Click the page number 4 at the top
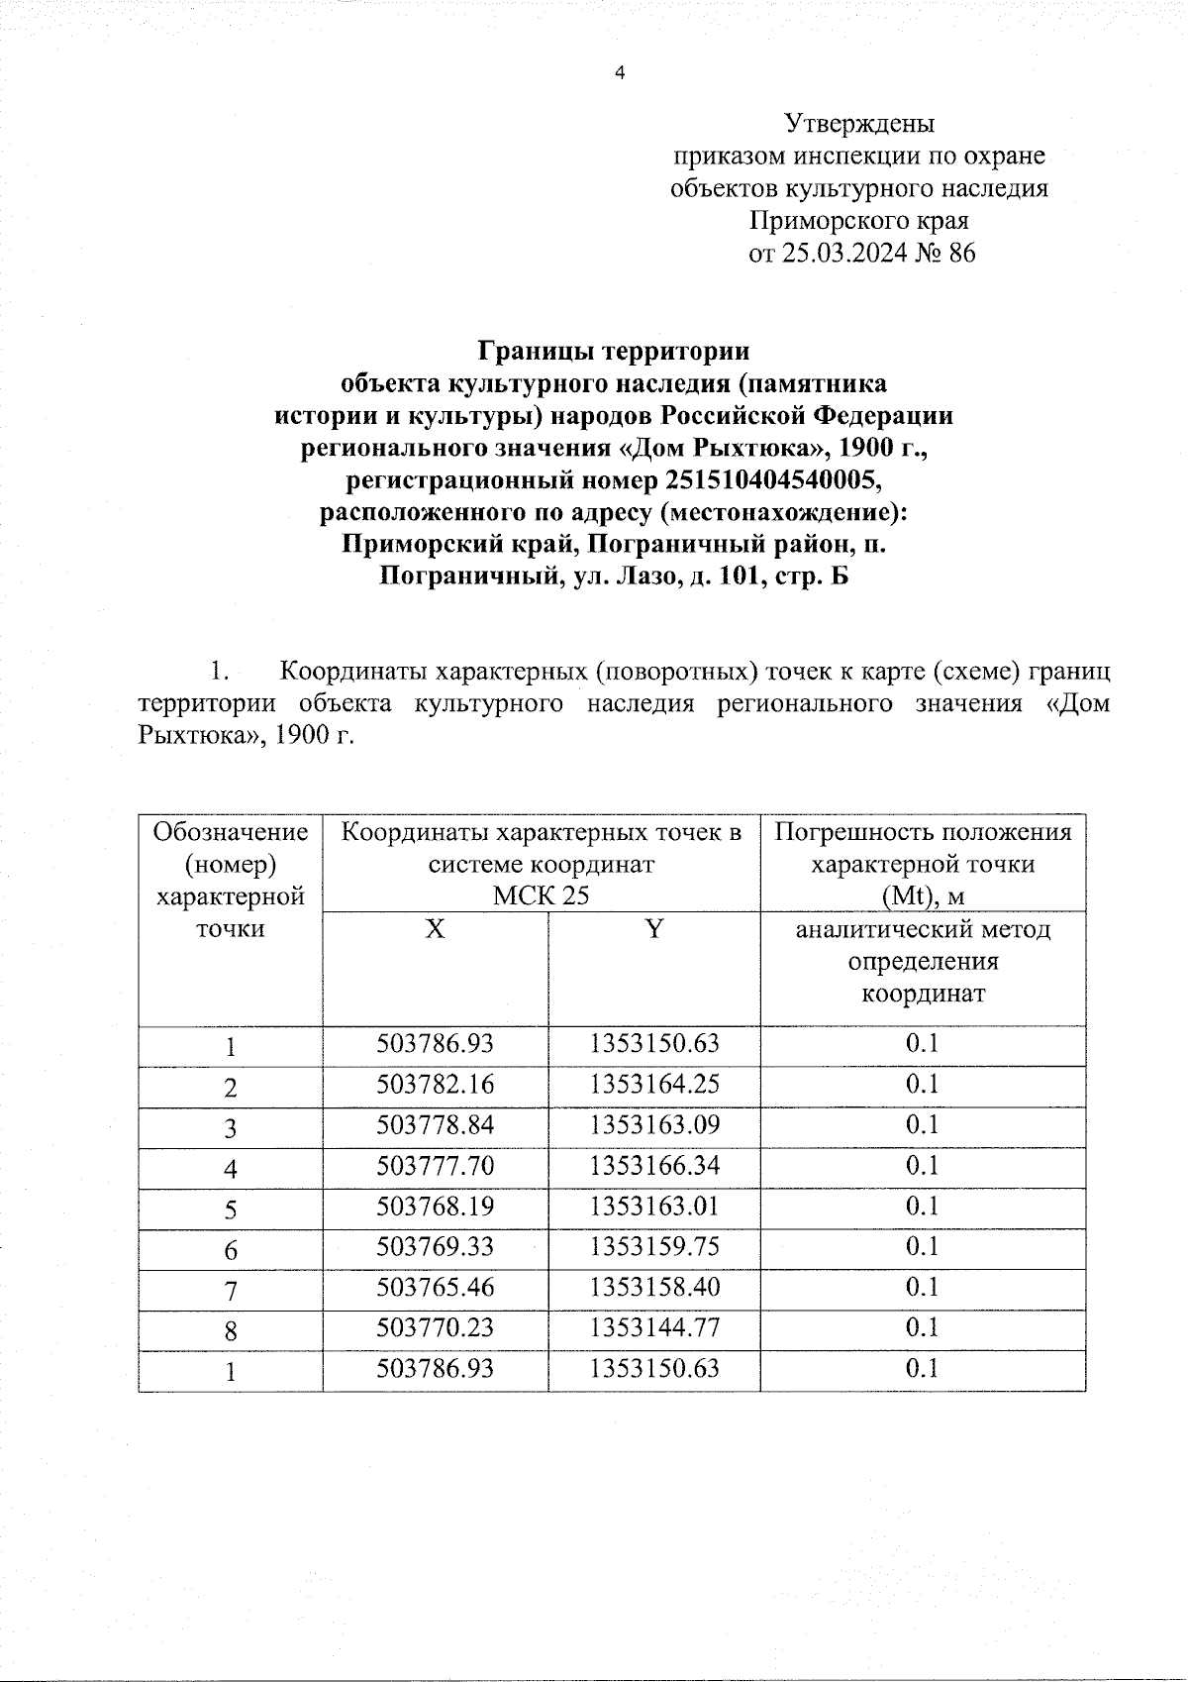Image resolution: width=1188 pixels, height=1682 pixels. point(620,72)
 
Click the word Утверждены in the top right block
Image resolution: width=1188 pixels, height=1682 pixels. point(858,124)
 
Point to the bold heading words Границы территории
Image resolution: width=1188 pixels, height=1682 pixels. point(614,351)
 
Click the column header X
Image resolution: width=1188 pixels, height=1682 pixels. point(435,929)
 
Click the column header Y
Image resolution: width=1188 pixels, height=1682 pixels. point(653,929)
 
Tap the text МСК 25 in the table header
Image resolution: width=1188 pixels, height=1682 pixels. point(542,895)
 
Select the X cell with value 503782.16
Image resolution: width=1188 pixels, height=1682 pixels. point(435,1084)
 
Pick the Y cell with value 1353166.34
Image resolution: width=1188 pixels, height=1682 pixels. point(653,1165)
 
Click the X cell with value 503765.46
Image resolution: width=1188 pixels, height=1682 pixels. point(435,1287)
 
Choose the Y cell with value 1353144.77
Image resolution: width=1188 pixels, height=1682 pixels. point(653,1327)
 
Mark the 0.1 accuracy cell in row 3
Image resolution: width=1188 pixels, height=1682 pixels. point(922,1124)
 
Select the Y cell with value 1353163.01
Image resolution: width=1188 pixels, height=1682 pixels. point(653,1206)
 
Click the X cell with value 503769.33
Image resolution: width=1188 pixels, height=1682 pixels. point(435,1246)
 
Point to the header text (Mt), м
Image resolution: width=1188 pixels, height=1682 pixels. point(922,895)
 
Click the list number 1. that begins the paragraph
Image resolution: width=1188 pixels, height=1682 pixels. point(220,672)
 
